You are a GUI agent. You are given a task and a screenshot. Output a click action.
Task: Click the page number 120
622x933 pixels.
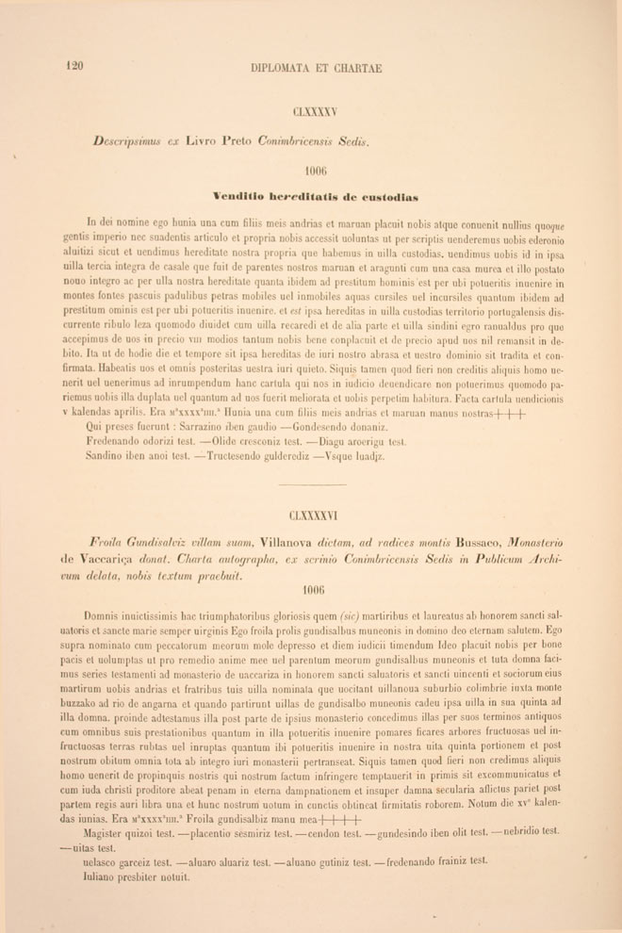pyautogui.click(x=74, y=66)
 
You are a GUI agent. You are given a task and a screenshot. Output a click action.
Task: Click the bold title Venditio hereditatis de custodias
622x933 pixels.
pyautogui.click(x=315, y=196)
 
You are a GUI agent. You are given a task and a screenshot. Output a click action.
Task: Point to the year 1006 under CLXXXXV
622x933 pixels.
pyautogui.click(x=316, y=171)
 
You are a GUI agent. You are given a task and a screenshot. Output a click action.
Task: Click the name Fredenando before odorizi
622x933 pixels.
pyautogui.click(x=119, y=441)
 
